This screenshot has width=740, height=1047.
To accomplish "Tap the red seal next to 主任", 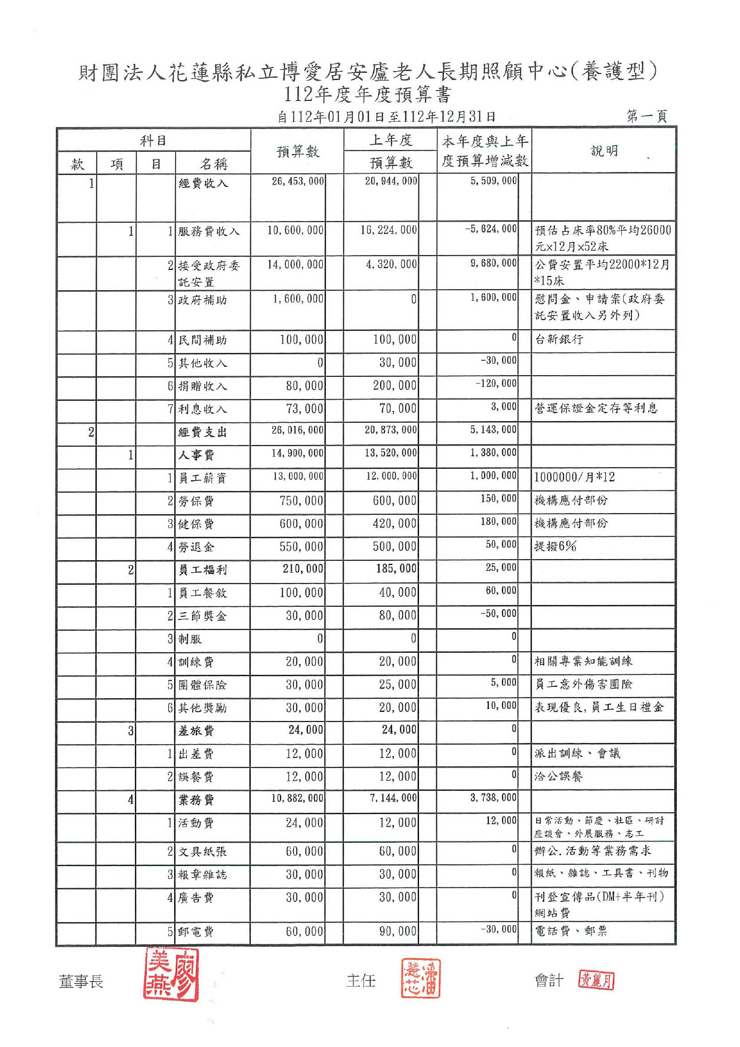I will [x=420, y=978].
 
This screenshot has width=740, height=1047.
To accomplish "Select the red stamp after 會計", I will [x=596, y=980].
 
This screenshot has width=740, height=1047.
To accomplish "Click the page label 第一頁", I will [x=646, y=116].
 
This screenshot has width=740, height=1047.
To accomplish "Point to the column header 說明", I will [x=604, y=151].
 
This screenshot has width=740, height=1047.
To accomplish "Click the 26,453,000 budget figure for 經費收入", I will [x=297, y=181].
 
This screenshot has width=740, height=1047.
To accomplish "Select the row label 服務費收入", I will [x=209, y=231].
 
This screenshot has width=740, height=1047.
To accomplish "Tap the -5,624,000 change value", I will [x=491, y=229].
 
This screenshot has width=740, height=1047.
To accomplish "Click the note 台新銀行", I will [x=559, y=339].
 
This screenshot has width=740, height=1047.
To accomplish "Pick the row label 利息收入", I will [x=203, y=409].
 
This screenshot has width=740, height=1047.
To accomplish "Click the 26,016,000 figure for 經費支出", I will [x=297, y=430].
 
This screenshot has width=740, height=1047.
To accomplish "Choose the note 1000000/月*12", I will [x=574, y=477].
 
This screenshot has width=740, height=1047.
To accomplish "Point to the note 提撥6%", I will [x=555, y=546].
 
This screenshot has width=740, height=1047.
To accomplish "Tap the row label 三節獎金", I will [x=203, y=616].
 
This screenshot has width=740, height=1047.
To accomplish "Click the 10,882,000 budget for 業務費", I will [x=297, y=798].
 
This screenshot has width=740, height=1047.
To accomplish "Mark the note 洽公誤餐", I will [x=559, y=776].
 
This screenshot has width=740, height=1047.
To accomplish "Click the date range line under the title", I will [x=386, y=116].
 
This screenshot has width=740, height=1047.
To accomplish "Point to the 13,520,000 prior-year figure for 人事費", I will [x=391, y=453].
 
